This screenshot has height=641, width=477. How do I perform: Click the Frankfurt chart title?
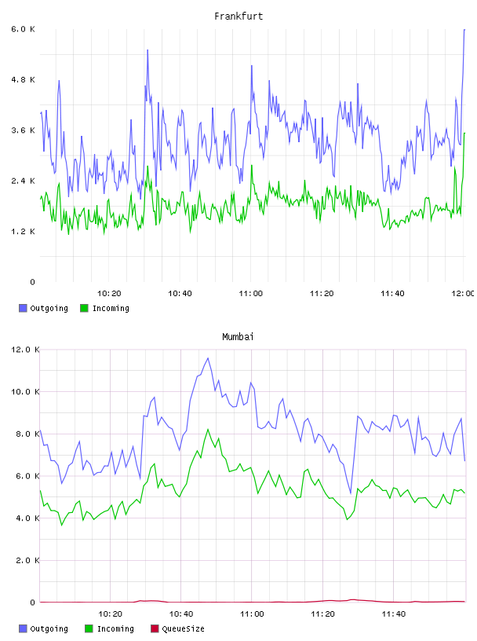(238, 16)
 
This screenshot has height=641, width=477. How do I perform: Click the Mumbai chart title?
(238, 337)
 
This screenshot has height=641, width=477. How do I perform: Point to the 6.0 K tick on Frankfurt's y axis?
(23, 29)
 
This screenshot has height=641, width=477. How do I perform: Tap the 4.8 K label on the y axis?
(23, 79)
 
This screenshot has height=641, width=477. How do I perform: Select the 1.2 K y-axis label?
(23, 232)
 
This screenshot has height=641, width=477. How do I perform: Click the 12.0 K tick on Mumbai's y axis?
(25, 350)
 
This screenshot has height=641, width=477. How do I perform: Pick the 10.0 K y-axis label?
(25, 392)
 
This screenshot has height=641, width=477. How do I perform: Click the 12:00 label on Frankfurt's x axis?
(463, 294)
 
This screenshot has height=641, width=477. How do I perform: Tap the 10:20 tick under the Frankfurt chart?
(109, 294)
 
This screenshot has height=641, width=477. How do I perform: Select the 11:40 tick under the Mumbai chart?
(394, 614)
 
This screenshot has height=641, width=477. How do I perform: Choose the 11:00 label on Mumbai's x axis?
(252, 614)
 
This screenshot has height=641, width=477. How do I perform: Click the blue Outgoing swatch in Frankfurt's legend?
(23, 308)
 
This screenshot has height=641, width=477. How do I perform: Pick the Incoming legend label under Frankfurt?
(111, 308)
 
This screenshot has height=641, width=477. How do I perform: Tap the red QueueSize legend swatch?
(155, 628)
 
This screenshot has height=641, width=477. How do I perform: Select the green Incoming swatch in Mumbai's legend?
(89, 628)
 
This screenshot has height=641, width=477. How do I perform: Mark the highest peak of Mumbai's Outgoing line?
(208, 358)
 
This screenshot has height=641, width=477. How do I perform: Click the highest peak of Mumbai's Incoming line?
(208, 429)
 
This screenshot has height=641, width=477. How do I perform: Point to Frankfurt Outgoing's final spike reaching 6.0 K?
(464, 29)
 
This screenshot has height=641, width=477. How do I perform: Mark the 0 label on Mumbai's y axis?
(33, 603)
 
